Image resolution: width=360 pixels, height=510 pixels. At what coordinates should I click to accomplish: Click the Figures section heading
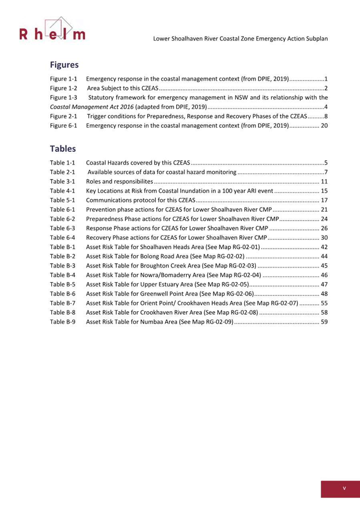pyautogui.click(x=64, y=64)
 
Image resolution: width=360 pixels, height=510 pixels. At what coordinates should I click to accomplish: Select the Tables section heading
pyautogui.click(x=63, y=149)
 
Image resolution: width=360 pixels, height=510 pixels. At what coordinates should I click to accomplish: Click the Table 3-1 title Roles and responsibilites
pyautogui.click(x=119, y=181)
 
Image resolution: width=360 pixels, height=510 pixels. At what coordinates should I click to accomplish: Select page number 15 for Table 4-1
pyautogui.click(x=325, y=191)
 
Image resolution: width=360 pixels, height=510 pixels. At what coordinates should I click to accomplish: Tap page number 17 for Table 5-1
pyautogui.click(x=325, y=200)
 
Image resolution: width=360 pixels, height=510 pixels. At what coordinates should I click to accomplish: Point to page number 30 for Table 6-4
pyautogui.click(x=325, y=238)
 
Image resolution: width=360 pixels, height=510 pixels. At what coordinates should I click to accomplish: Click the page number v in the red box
pyautogui.click(x=344, y=488)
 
